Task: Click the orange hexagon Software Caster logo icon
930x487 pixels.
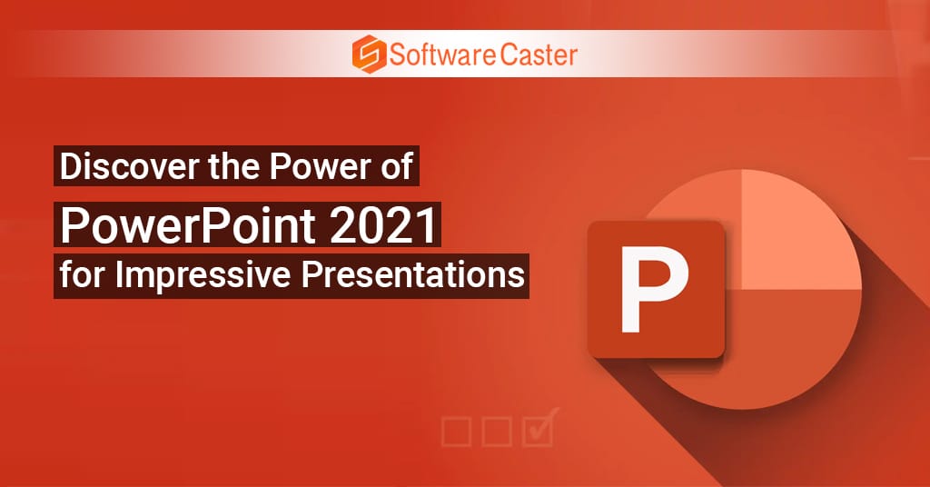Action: pyautogui.click(x=369, y=54)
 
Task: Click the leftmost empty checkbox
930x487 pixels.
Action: pyautogui.click(x=456, y=432)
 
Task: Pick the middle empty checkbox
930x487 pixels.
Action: pyautogui.click(x=497, y=432)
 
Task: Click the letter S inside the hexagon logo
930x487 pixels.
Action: pyautogui.click(x=369, y=54)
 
